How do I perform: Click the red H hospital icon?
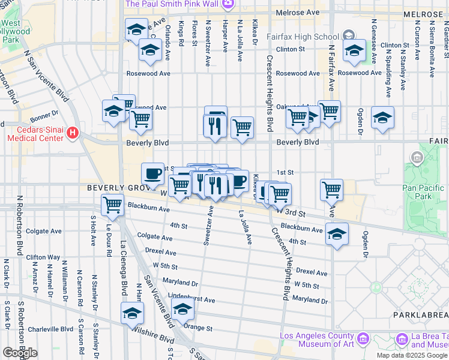click(x=73, y=131)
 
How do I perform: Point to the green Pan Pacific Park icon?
click(x=417, y=158)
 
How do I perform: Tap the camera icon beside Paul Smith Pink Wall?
click(x=228, y=5)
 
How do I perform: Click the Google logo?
click(x=20, y=353)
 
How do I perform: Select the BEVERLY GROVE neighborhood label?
click(x=116, y=188)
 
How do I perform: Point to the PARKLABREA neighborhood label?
click(x=421, y=315)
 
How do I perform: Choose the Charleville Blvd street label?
click(x=50, y=329)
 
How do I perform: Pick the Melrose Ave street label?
click(x=297, y=12)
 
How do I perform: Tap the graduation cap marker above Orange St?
click(x=182, y=310)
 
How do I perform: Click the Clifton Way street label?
click(x=43, y=257)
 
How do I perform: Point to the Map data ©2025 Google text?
click(x=412, y=355)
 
